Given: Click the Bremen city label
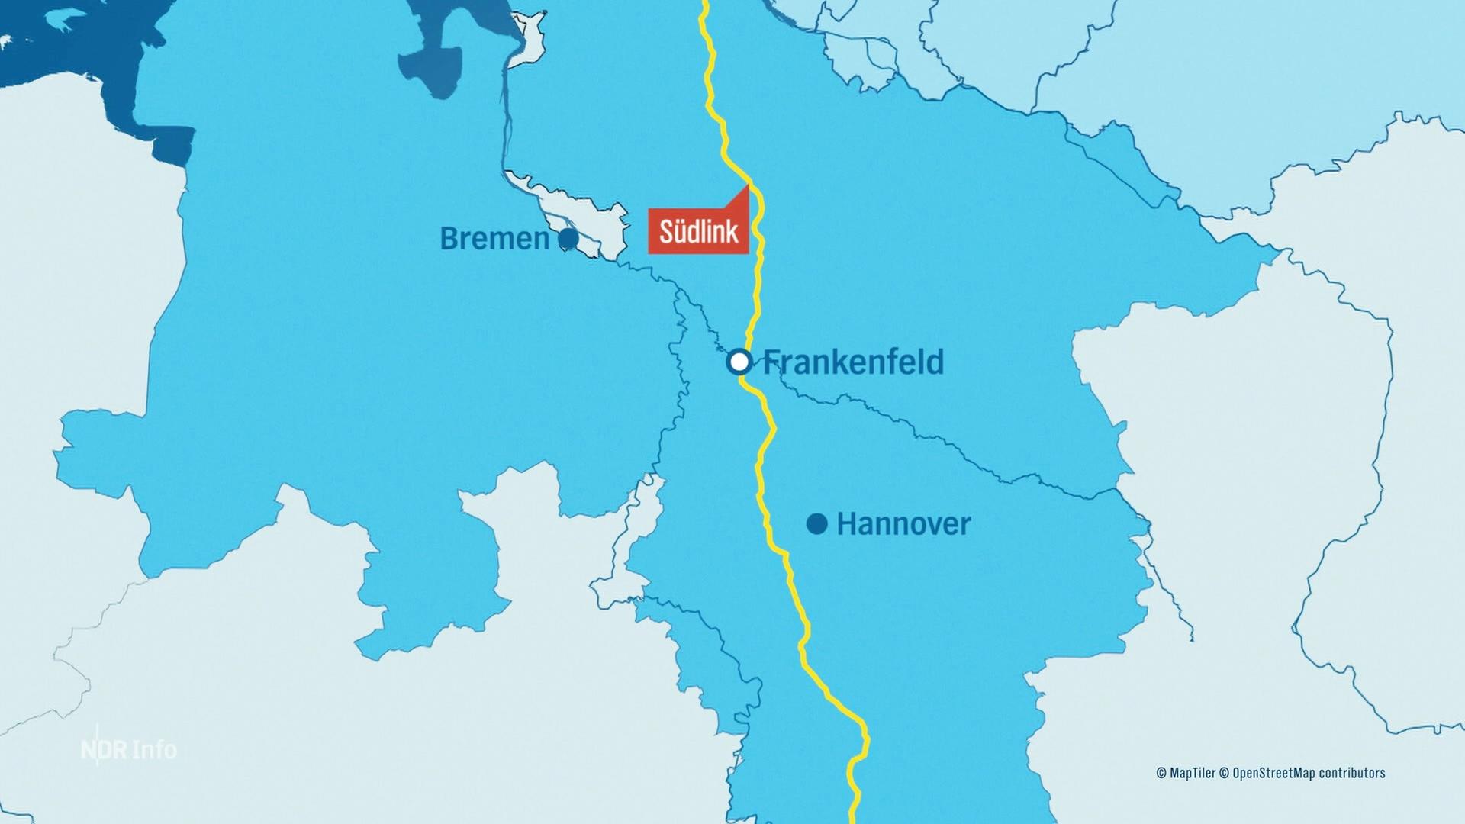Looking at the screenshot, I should pyautogui.click(x=494, y=239).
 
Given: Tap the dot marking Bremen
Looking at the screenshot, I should pyautogui.click(x=568, y=239).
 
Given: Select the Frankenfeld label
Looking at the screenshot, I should pyautogui.click(x=853, y=362).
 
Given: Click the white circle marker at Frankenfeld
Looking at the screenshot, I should pyautogui.click(x=739, y=362).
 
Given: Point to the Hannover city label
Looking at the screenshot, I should pyautogui.click(x=903, y=524).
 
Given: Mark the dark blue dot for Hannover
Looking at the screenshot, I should pyautogui.click(x=817, y=524).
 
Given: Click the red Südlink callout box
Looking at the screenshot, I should pyautogui.click(x=697, y=230).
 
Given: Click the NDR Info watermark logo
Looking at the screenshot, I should pyautogui.click(x=129, y=749).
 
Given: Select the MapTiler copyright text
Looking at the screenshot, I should pyautogui.click(x=1186, y=773).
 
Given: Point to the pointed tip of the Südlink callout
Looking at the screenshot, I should pyautogui.click(x=748, y=185).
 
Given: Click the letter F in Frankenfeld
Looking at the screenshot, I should pyautogui.click(x=772, y=362).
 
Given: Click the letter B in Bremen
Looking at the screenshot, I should pyautogui.click(x=450, y=239).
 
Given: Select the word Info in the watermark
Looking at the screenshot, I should pyautogui.click(x=154, y=749).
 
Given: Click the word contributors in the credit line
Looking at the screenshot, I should pyautogui.click(x=1351, y=773).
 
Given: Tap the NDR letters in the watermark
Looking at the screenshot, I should pyautogui.click(x=105, y=750).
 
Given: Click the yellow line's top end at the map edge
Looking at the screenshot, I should pyautogui.click(x=705, y=3).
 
